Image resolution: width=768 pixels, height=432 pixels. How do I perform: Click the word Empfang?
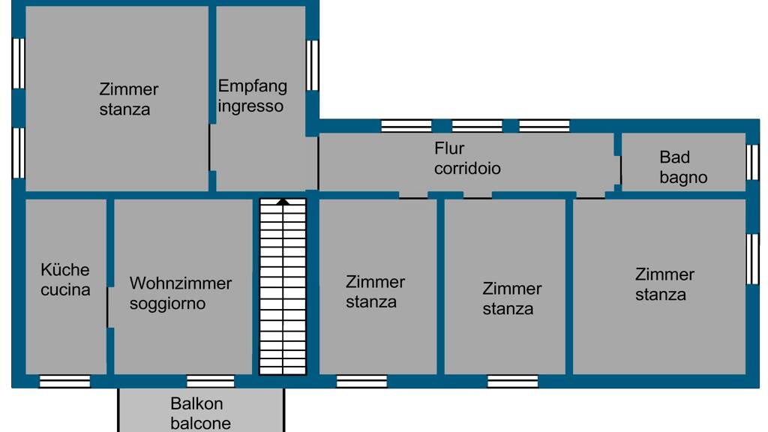[252, 86]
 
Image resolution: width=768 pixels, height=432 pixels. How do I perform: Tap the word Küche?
[65, 269]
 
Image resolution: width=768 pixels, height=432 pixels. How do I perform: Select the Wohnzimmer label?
[181, 283]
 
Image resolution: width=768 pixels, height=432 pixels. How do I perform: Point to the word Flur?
[449, 148]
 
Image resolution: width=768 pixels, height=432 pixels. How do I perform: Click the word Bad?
[674, 157]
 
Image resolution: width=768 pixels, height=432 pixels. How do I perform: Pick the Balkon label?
[196, 404]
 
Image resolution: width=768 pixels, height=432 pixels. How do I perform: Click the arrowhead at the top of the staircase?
[283, 201]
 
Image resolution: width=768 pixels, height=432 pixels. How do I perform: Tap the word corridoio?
[467, 168]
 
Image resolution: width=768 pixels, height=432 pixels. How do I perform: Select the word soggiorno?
[167, 304]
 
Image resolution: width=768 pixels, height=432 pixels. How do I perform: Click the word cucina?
[65, 289]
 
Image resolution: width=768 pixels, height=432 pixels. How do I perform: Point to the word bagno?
[683, 178]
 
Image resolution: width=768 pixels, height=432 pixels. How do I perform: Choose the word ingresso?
[250, 106]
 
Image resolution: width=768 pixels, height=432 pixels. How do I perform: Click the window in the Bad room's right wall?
[753, 161]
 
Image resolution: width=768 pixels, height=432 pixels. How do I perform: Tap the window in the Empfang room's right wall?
[313, 65]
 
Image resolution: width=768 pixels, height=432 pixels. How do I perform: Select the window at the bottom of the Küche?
[64, 381]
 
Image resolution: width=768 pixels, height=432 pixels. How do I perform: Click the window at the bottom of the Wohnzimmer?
[211, 381]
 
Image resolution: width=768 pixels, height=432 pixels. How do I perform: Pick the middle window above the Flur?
[477, 125]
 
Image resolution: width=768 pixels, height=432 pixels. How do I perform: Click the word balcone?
[200, 423]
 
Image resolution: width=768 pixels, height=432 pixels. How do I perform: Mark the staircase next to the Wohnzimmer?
[283, 289]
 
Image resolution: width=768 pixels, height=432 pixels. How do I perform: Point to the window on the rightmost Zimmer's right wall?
[753, 259]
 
